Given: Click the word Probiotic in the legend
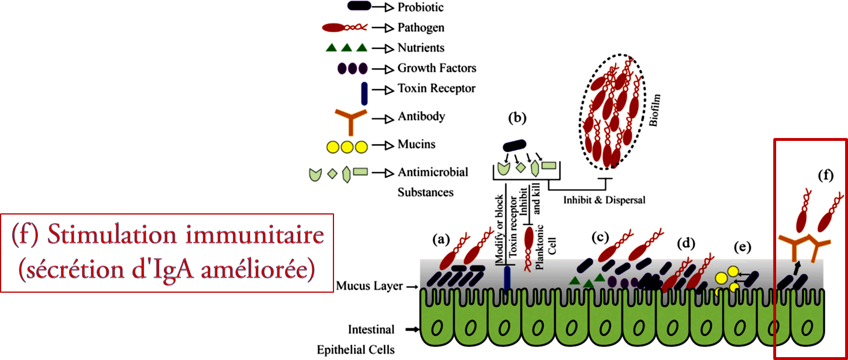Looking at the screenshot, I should [420, 7].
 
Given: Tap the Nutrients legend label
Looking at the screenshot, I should [421, 48].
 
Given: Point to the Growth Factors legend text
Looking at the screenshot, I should [437, 68].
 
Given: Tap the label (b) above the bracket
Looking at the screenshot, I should [517, 118].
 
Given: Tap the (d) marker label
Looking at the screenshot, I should [686, 243].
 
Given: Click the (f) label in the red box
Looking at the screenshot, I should [826, 176].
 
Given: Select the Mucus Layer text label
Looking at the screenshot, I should [369, 286].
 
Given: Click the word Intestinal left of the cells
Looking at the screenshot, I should [371, 330].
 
